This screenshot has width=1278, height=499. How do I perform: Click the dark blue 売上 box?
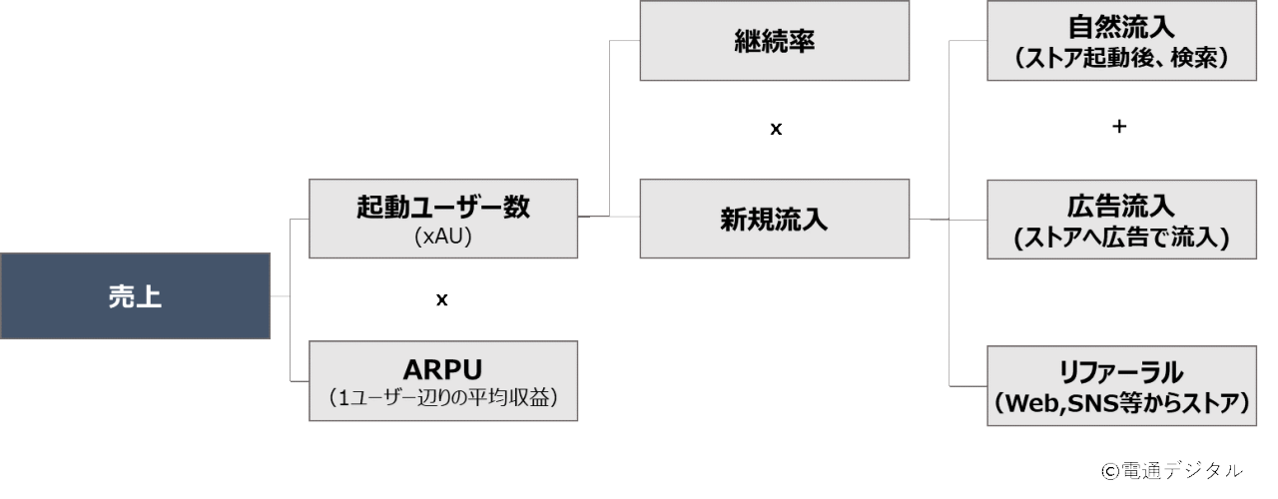pos(136,296)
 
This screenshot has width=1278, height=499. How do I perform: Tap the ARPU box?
pos(443,380)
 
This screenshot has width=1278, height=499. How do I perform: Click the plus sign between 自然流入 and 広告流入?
pos(1118,129)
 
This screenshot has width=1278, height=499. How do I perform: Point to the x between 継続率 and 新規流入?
pos(775,130)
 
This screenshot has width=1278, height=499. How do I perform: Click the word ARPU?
pos(443,366)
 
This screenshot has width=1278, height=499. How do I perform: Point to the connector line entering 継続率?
pos(624,41)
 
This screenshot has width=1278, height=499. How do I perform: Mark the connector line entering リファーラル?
pos(966,384)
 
